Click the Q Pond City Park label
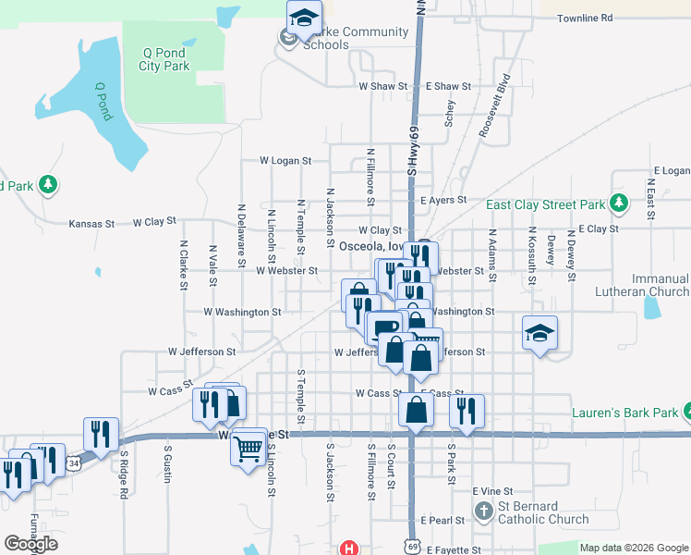pos(164,59)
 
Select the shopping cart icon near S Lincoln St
pos(249,448)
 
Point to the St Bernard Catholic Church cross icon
pos(483,512)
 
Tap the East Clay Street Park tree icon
pos(618,203)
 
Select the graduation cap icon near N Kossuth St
pos(540,331)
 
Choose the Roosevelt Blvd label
pos(494,106)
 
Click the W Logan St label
pos(285,160)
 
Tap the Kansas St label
pos(91,224)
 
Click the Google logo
pos(30,544)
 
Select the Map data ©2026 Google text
pos(633,548)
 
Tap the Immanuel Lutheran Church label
pos(648,285)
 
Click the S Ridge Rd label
pos(122,471)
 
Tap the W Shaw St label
pos(383,86)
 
